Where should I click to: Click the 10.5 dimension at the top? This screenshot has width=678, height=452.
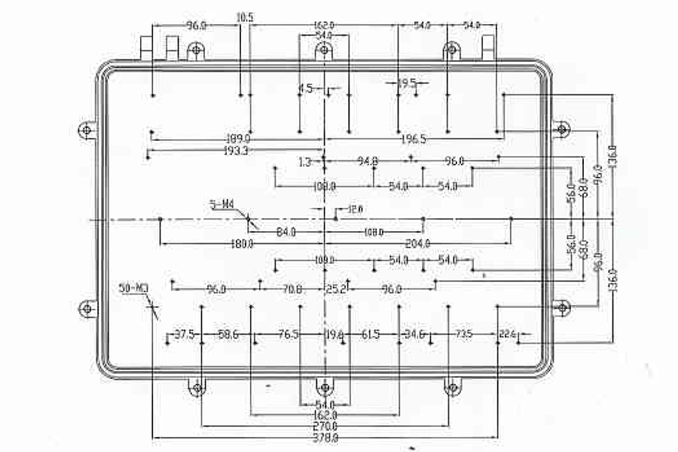245,17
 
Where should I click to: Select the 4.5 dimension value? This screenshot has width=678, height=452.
305,89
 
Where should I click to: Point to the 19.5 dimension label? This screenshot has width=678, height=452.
407,84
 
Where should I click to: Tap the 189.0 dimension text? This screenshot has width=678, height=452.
238,139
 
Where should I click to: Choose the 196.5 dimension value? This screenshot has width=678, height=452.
414,139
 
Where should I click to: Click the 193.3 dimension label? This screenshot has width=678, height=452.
236,151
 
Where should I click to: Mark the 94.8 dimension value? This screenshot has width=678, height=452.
368,161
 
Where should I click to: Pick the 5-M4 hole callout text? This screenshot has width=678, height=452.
221,203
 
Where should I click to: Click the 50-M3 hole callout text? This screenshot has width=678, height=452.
133,288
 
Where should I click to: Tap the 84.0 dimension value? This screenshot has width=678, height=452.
286,232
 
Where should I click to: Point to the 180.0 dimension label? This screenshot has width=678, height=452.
241,243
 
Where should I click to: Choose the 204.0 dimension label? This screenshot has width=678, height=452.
417,243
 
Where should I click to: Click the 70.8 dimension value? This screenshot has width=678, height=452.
292,289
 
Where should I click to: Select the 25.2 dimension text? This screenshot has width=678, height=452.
335,289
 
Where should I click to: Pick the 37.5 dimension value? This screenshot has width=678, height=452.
185,334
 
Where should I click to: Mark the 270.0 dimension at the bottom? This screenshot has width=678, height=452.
325,426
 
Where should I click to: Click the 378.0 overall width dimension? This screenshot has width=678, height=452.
325,437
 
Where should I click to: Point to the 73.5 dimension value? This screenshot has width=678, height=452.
462,334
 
